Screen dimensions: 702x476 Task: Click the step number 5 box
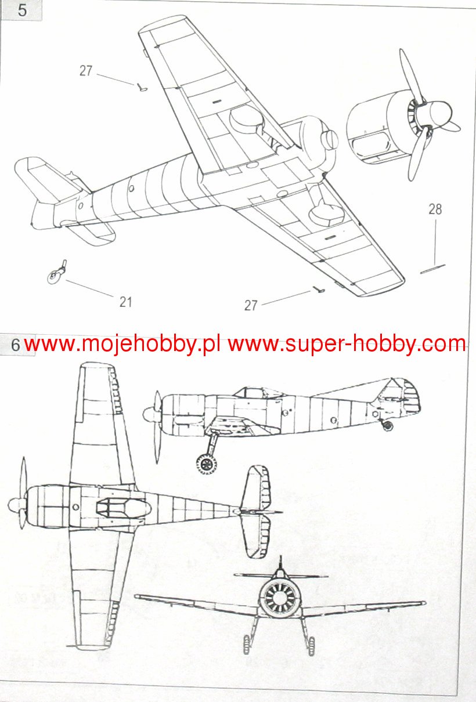(x=22, y=10)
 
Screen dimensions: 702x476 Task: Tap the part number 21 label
(x=126, y=302)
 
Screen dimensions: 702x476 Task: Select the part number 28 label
(x=435, y=209)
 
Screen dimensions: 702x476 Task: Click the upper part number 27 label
(x=86, y=71)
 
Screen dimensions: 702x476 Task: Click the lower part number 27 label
(x=250, y=305)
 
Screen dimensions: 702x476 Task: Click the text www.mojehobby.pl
(x=122, y=345)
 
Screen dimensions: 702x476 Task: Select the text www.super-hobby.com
(x=347, y=345)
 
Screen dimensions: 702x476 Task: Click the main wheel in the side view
(x=206, y=464)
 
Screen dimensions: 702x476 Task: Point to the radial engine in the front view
(x=279, y=599)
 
